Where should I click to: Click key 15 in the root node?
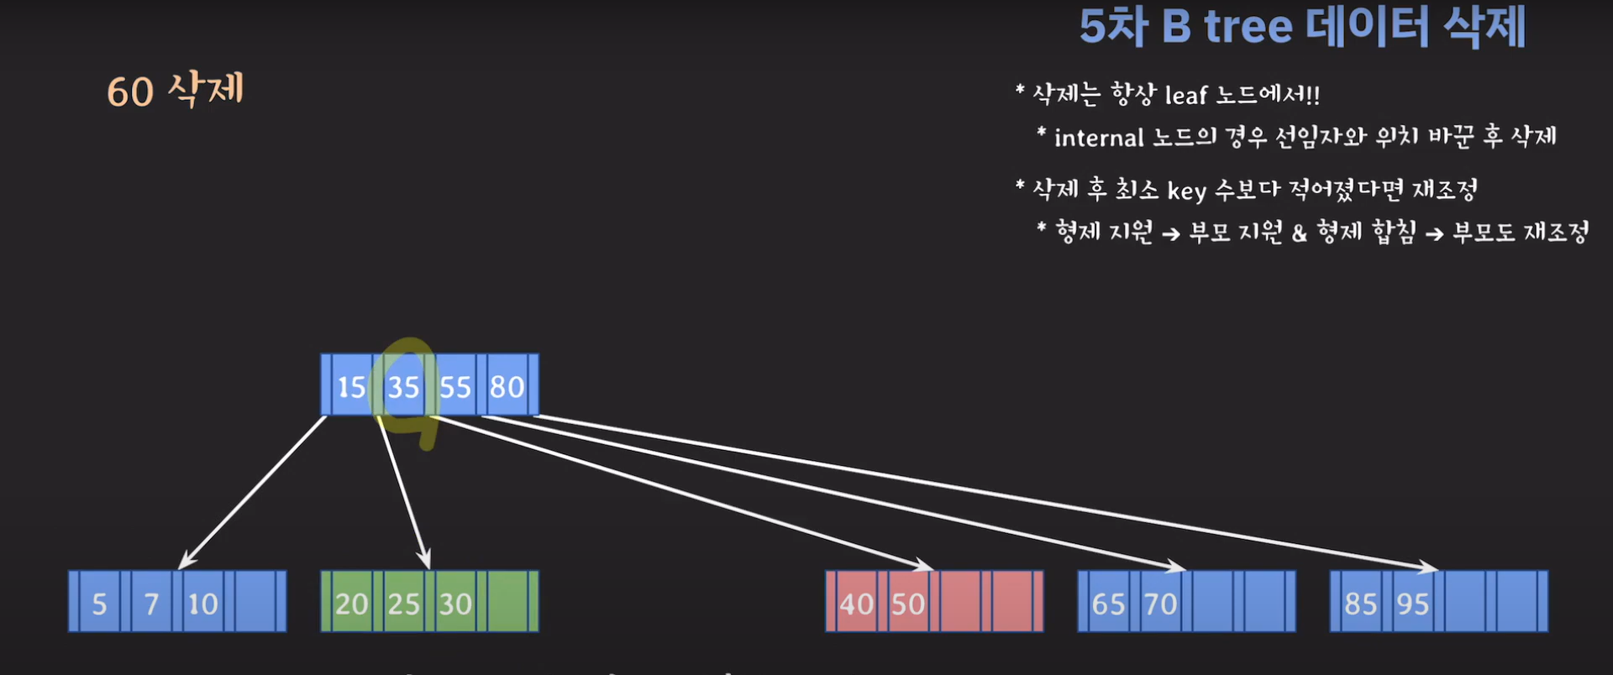[351, 386]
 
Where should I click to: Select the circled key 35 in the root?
[403, 386]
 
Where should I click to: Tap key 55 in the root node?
[455, 386]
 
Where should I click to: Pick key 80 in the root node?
[507, 386]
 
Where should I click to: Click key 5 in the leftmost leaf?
[99, 604]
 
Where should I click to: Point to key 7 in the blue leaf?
[151, 604]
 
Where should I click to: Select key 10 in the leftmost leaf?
[202, 604]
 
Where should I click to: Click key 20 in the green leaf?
[351, 604]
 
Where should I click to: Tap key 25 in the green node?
[403, 604]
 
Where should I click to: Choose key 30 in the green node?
[455, 604]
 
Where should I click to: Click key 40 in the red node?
[856, 604]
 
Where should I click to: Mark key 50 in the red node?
[908, 604]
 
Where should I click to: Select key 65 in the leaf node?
[1108, 604]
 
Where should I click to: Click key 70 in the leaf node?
[1160, 604]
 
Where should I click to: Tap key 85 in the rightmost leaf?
[1361, 604]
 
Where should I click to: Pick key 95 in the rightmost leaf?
[1413, 604]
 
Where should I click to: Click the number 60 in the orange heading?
[130, 92]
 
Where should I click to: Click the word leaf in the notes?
[1185, 96]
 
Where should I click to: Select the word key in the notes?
[1186, 191]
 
